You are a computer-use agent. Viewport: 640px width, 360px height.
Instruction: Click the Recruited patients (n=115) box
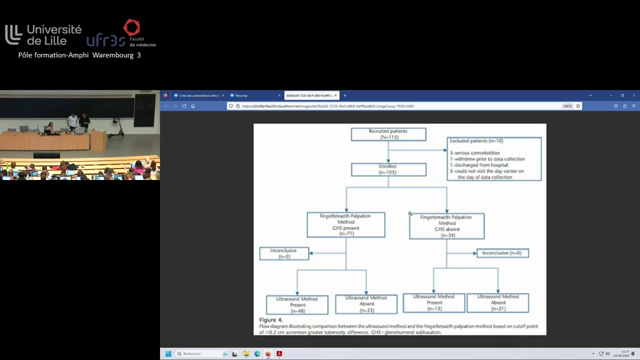[381, 135]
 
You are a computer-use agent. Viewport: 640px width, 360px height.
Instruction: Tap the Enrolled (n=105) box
[381, 173]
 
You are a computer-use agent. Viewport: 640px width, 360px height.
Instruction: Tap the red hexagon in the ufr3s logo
[131, 23]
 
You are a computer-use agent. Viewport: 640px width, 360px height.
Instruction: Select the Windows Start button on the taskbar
[167, 352]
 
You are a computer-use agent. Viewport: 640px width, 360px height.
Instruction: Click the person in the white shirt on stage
[72, 122]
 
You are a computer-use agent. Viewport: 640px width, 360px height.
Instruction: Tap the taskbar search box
[200, 352]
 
